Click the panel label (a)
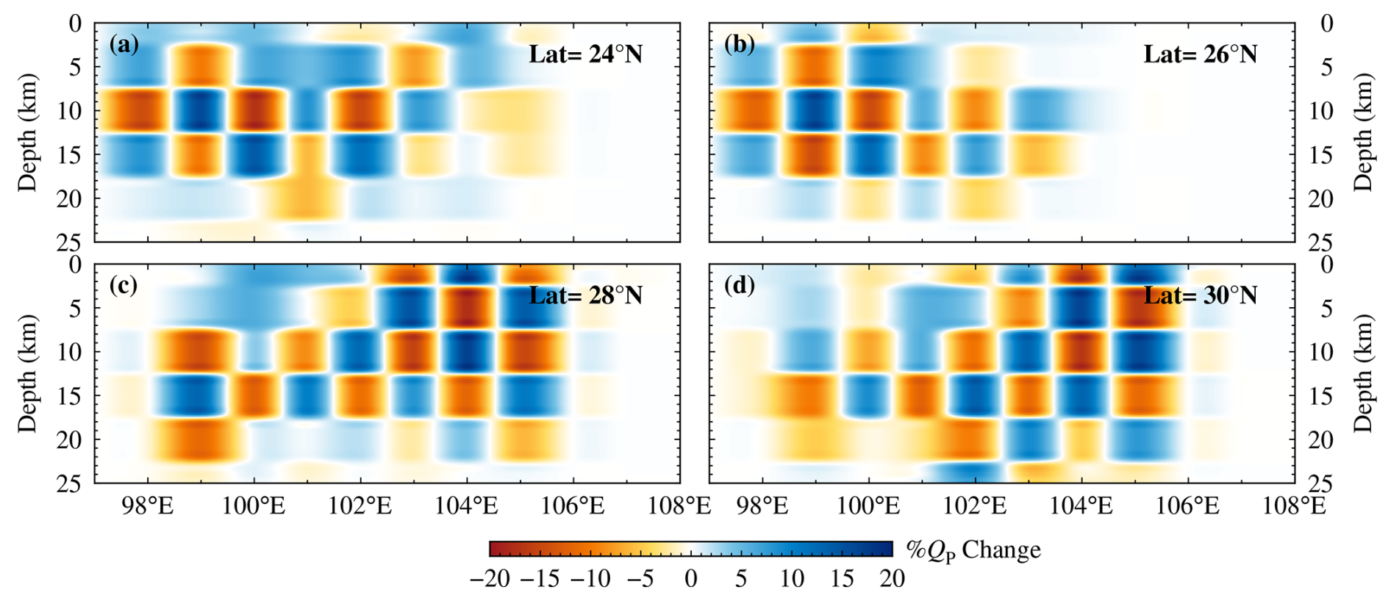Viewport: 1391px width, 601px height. click(x=124, y=45)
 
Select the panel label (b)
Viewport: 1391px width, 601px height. click(x=739, y=45)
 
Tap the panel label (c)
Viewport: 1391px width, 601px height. click(x=124, y=285)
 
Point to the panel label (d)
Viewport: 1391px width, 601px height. click(x=739, y=285)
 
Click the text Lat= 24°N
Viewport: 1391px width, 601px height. click(x=585, y=54)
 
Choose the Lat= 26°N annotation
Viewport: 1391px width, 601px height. click(x=1200, y=54)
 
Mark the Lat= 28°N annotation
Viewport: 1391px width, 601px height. click(x=585, y=295)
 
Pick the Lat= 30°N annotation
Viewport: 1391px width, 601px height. click(x=1200, y=295)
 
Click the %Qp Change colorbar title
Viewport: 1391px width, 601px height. click(x=973, y=550)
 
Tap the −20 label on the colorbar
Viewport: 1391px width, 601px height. click(x=490, y=579)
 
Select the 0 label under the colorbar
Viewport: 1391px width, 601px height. click(x=690, y=579)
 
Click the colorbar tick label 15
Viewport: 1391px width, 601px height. click(x=842, y=579)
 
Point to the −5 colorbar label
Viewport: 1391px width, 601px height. click(x=640, y=579)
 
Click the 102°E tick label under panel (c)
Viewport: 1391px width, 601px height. click(x=360, y=506)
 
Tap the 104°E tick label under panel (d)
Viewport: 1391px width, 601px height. click(x=1081, y=506)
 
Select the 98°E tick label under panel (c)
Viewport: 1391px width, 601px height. click(x=148, y=506)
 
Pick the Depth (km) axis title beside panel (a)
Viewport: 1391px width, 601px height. click(x=28, y=132)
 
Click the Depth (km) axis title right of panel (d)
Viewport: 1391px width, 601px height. click(x=1363, y=373)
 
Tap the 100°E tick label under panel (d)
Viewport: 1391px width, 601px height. click(x=868, y=506)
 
